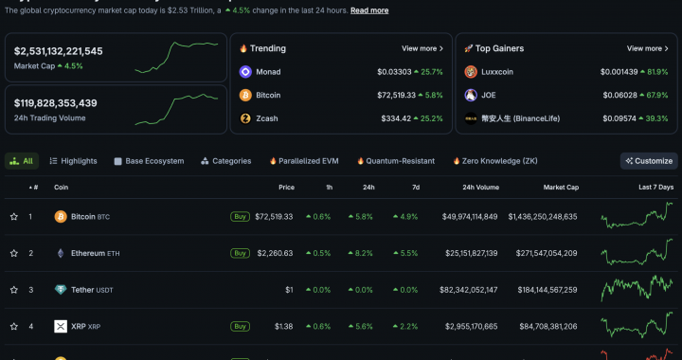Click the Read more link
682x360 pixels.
(369, 10)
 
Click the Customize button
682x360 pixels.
(649, 161)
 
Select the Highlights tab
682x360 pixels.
(73, 161)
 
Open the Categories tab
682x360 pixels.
(225, 161)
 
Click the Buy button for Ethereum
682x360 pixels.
(241, 253)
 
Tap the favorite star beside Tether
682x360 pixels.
(14, 290)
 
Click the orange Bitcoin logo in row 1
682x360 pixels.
(61, 217)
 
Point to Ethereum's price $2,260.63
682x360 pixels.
(275, 253)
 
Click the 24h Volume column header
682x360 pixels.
(480, 188)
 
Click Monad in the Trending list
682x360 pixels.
(267, 72)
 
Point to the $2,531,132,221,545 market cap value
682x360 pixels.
(59, 51)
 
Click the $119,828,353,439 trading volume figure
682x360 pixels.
(56, 102)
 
